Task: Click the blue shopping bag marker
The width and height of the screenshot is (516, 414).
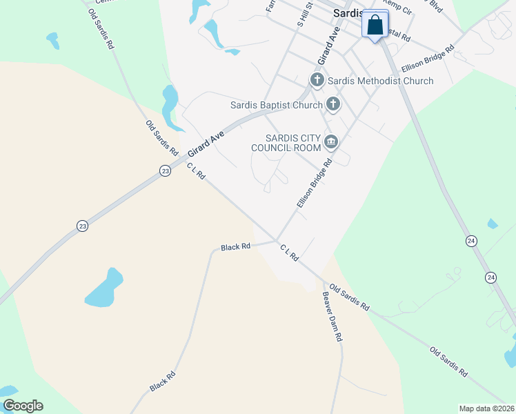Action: (x=375, y=26)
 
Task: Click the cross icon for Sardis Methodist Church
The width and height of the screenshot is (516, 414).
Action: (x=317, y=80)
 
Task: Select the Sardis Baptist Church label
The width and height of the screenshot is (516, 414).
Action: (x=276, y=105)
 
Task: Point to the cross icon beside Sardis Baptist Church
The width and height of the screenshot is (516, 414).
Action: (x=333, y=105)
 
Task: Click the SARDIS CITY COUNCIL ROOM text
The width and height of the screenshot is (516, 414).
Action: (x=286, y=142)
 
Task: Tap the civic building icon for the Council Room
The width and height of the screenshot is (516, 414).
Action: (x=331, y=142)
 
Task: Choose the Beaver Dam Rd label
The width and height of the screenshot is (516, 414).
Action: (x=333, y=317)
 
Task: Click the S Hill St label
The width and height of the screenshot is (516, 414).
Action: (x=304, y=14)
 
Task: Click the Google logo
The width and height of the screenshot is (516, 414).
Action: (x=23, y=406)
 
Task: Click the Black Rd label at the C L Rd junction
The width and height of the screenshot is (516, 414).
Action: (x=235, y=246)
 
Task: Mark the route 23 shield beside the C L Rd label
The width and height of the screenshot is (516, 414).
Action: (x=165, y=171)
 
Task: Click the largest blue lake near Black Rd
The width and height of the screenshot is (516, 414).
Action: (x=105, y=288)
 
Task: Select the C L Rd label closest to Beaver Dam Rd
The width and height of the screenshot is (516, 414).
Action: (x=289, y=252)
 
